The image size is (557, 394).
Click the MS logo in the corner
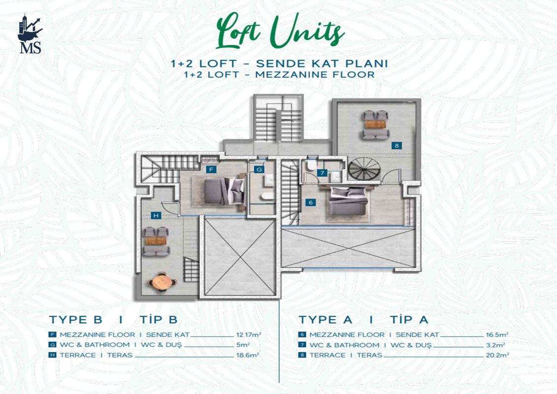[30, 34]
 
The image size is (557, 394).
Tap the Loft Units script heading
[280, 31]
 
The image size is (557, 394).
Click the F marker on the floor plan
[211, 169]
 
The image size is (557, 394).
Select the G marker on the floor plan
[259, 169]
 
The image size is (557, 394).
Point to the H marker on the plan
[156, 215]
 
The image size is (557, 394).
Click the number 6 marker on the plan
[311, 202]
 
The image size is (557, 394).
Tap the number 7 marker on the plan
[322, 173]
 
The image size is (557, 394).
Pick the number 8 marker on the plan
[396, 145]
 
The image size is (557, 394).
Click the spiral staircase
[364, 169]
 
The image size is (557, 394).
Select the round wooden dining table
[162, 282]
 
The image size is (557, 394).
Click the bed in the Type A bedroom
[348, 201]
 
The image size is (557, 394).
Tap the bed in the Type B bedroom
[224, 191]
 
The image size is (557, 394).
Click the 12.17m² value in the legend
[248, 334]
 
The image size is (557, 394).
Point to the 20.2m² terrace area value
[498, 355]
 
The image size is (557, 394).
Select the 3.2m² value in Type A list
[495, 345]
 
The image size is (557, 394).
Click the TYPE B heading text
[76, 320]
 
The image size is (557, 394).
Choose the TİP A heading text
[409, 320]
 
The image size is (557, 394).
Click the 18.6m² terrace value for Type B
[247, 355]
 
